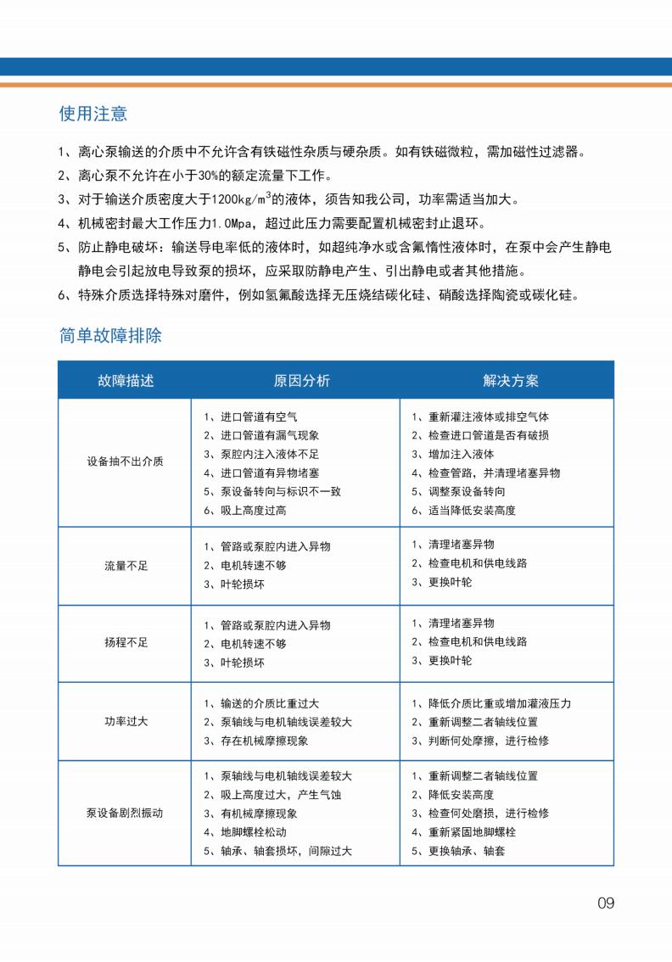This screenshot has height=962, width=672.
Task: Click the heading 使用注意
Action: point(93,114)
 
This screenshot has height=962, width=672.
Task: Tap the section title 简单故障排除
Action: point(110,335)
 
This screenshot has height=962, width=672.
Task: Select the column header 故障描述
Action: point(126,380)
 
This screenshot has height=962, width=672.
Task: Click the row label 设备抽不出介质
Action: point(126,462)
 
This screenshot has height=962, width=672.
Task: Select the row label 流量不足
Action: point(126,566)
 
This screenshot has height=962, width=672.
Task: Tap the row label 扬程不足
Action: point(126,643)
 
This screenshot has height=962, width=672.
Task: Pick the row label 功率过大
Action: point(126,722)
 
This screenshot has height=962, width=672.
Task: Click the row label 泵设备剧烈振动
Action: point(126,813)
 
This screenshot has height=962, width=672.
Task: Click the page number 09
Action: point(605,903)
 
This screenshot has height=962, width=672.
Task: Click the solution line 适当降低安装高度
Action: point(472,511)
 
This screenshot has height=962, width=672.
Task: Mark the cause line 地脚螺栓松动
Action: point(252,832)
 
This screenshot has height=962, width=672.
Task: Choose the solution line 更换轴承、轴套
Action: point(466,851)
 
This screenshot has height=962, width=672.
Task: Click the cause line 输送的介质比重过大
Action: point(269,703)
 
